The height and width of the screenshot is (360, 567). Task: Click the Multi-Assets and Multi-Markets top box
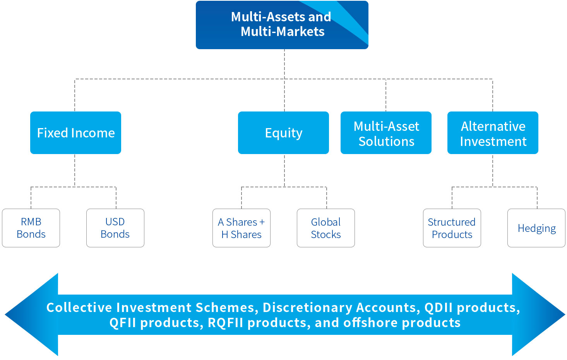pyautogui.click(x=282, y=25)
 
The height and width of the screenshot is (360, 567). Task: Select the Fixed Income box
pyautogui.click(x=75, y=133)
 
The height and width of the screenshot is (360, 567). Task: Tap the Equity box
pyautogui.click(x=283, y=133)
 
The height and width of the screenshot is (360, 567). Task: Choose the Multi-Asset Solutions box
pyautogui.click(x=386, y=133)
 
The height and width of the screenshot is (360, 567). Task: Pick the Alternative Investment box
pyautogui.click(x=493, y=133)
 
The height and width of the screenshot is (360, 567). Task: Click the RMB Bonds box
pyautogui.click(x=31, y=228)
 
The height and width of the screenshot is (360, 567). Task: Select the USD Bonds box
pyautogui.click(x=115, y=228)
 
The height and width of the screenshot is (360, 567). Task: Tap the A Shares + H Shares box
pyautogui.click(x=242, y=228)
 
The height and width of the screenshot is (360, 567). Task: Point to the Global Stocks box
pyautogui.click(x=326, y=228)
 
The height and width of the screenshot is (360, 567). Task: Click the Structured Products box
pyautogui.click(x=452, y=228)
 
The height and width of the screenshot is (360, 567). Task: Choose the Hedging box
pyautogui.click(x=536, y=228)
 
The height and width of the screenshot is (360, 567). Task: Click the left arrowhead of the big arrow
pyautogui.click(x=32, y=315)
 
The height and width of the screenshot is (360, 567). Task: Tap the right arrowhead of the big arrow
pyautogui.click(x=539, y=315)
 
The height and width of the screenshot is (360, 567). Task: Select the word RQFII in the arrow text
pyautogui.click(x=225, y=323)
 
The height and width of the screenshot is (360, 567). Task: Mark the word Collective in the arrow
pyautogui.click(x=79, y=307)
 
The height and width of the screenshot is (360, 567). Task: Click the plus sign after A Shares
pyautogui.click(x=262, y=222)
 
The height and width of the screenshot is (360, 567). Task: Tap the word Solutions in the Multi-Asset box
pyautogui.click(x=387, y=141)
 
